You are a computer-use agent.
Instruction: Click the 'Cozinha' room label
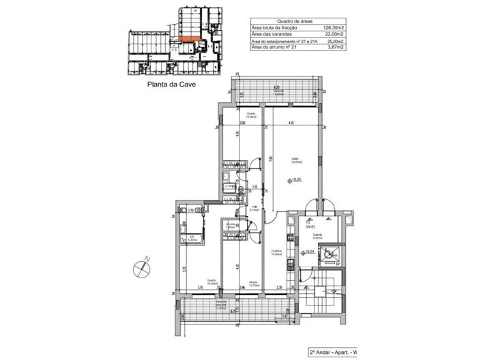click(276, 252)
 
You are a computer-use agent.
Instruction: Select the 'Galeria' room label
click(318, 236)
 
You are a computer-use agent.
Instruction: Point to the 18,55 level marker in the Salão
click(295, 181)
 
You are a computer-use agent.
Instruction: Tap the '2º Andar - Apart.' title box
click(335, 353)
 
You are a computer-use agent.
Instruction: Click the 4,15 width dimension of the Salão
click(291, 123)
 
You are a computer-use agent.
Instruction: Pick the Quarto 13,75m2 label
click(252, 282)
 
